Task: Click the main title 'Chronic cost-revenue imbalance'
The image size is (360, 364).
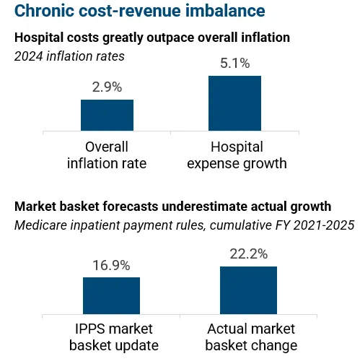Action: (129, 12)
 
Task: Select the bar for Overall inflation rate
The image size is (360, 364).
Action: (107, 115)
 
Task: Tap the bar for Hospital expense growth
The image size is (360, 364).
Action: (234, 103)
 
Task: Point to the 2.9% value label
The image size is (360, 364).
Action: (107, 87)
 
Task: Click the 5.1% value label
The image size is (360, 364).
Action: (234, 64)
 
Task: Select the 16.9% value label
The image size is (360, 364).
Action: (111, 265)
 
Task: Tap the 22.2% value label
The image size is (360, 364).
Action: (248, 254)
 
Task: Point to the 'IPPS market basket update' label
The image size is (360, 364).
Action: (113, 337)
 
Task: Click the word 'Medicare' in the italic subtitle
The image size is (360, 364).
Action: (40, 225)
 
